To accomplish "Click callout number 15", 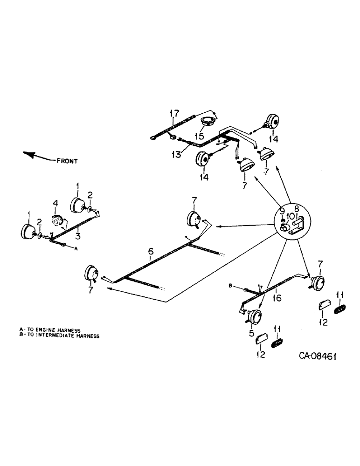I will (x=200, y=136).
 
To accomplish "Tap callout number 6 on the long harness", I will (x=150, y=252).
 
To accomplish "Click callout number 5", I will (x=251, y=333).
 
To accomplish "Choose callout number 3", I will (x=78, y=236).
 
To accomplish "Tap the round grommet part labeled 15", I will (x=207, y=122).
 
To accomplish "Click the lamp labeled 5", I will (x=255, y=317).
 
